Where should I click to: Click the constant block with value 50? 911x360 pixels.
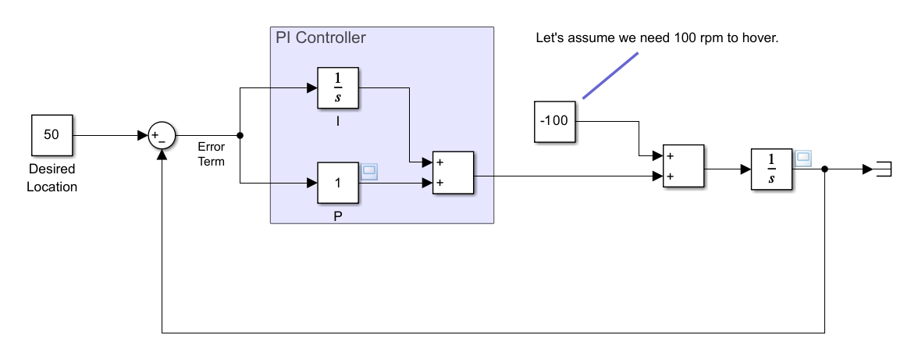pos(52,135)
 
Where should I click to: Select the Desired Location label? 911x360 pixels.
pos(52,178)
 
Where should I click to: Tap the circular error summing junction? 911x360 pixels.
pos(162,136)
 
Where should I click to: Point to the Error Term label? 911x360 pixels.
pos(212,155)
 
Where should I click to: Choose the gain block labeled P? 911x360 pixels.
pos(338,184)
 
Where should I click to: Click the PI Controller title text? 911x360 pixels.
pos(320,37)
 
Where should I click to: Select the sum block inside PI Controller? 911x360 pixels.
pos(452,173)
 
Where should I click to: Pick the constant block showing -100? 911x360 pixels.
pos(555,122)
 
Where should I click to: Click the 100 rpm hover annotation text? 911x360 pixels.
pos(657,37)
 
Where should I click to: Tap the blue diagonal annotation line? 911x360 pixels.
pos(610,76)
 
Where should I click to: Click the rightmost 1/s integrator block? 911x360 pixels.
pos(771,169)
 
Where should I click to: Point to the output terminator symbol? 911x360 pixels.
pos(883,169)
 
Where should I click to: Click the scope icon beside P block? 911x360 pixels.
pos(369,172)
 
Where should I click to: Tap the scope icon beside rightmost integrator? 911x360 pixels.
pos(802,158)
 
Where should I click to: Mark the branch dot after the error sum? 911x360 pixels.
pos(240,136)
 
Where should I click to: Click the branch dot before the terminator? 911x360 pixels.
pos(825,169)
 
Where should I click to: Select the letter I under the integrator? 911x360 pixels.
pos(338,121)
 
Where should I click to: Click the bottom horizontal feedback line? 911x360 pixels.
pos(492,333)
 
